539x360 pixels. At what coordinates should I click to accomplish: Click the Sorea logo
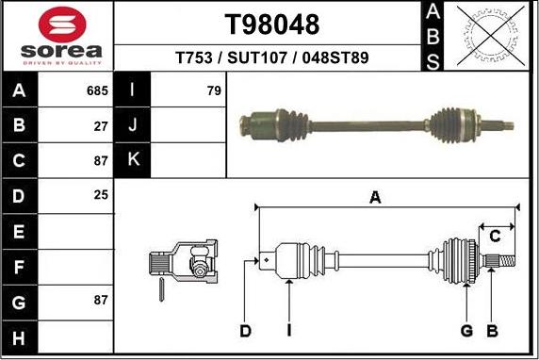56,35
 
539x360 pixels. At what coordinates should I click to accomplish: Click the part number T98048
270,25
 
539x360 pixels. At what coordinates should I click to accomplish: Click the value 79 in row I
214,91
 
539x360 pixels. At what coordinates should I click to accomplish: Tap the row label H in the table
20,336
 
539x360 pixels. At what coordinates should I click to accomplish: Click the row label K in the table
132,159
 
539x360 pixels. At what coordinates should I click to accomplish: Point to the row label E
20,230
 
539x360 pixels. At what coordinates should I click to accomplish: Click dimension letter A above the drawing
375,197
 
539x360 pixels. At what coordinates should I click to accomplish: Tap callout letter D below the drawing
246,331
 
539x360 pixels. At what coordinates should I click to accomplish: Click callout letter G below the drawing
465,331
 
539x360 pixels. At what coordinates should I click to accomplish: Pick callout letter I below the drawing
289,331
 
